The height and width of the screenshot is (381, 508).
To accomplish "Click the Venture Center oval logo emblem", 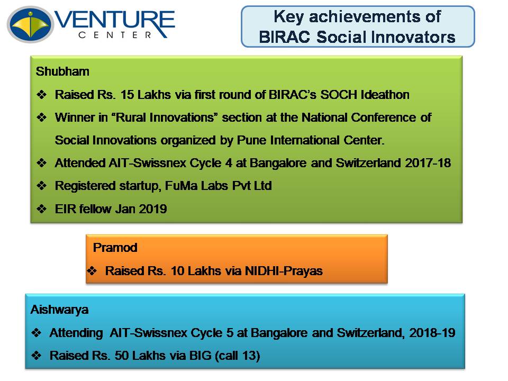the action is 30,24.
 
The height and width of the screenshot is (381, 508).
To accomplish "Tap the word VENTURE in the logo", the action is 115,21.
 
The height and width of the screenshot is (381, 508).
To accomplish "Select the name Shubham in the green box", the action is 62,71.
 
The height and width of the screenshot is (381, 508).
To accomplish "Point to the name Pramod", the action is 115,248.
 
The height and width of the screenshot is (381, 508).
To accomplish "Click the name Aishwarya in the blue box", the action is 59,310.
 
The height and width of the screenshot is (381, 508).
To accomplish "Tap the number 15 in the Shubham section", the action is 127,95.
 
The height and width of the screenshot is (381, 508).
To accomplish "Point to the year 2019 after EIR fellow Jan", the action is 152,209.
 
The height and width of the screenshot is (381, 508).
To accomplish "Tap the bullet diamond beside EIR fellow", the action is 41,208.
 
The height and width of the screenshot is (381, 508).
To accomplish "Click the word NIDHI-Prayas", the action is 284,271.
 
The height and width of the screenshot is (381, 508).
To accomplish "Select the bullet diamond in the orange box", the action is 92,270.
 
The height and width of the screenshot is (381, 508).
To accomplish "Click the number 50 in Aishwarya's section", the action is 122,356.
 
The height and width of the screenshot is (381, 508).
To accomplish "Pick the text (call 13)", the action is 238,356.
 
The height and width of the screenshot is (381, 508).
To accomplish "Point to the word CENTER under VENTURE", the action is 115,35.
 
